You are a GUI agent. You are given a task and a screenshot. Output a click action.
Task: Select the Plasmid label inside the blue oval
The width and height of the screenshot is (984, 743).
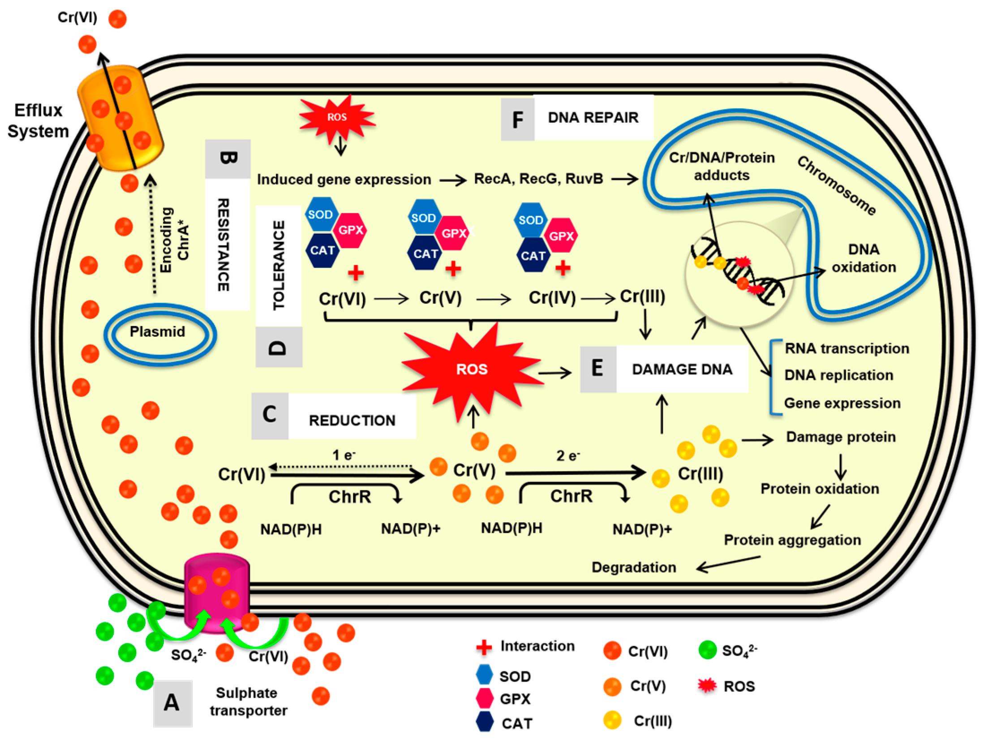[157, 332]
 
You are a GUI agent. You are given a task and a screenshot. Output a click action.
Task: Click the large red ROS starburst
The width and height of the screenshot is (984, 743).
[471, 369]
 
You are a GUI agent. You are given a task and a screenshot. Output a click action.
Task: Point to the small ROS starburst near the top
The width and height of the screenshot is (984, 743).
[337, 117]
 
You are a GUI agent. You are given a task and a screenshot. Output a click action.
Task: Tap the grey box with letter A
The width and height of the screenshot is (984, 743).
[172, 703]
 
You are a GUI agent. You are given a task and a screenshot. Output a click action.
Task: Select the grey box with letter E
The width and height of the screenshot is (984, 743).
[597, 369]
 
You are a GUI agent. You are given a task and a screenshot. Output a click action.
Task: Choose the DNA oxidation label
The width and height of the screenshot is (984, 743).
[864, 258]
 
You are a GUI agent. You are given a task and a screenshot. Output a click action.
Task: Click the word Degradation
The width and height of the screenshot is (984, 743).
[634, 567]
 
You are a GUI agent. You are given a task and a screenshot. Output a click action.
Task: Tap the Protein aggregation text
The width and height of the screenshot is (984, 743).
[792, 540]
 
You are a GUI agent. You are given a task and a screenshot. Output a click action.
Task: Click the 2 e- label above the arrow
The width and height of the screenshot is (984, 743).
[567, 456]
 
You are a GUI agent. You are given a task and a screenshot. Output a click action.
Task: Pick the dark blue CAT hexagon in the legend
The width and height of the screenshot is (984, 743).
[484, 722]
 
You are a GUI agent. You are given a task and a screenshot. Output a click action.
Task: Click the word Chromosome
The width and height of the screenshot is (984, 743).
[836, 186]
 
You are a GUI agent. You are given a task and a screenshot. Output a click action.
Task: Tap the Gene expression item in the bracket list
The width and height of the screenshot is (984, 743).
[842, 404]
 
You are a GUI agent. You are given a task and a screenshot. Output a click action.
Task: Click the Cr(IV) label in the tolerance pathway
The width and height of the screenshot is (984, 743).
[552, 298]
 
